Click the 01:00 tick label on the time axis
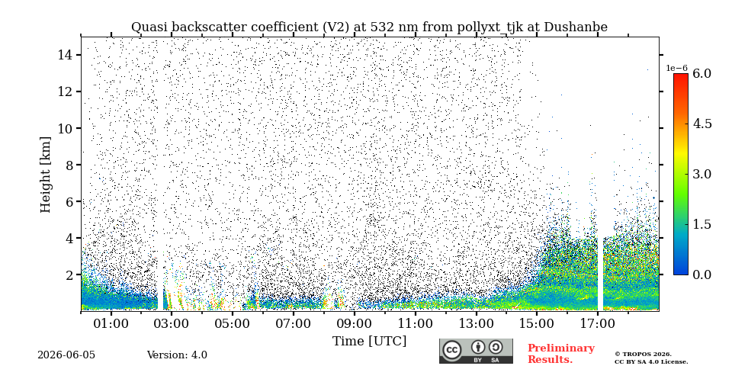pyautogui.click(x=111, y=323)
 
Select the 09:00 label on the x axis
pyautogui.click(x=355, y=323)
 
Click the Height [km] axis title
pyautogui.click(x=45, y=175)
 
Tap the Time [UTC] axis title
pyautogui.click(x=369, y=342)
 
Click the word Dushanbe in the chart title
pyautogui.click(x=578, y=27)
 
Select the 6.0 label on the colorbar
pyautogui.click(x=701, y=73)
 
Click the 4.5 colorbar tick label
pyautogui.click(x=701, y=124)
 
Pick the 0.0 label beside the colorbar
pyautogui.click(x=701, y=274)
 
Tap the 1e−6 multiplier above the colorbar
pyautogui.click(x=677, y=68)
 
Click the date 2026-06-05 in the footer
pyautogui.click(x=66, y=355)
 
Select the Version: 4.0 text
pyautogui.click(x=177, y=355)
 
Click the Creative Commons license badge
pyautogui.click(x=476, y=351)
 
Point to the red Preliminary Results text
pyautogui.click(x=561, y=354)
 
